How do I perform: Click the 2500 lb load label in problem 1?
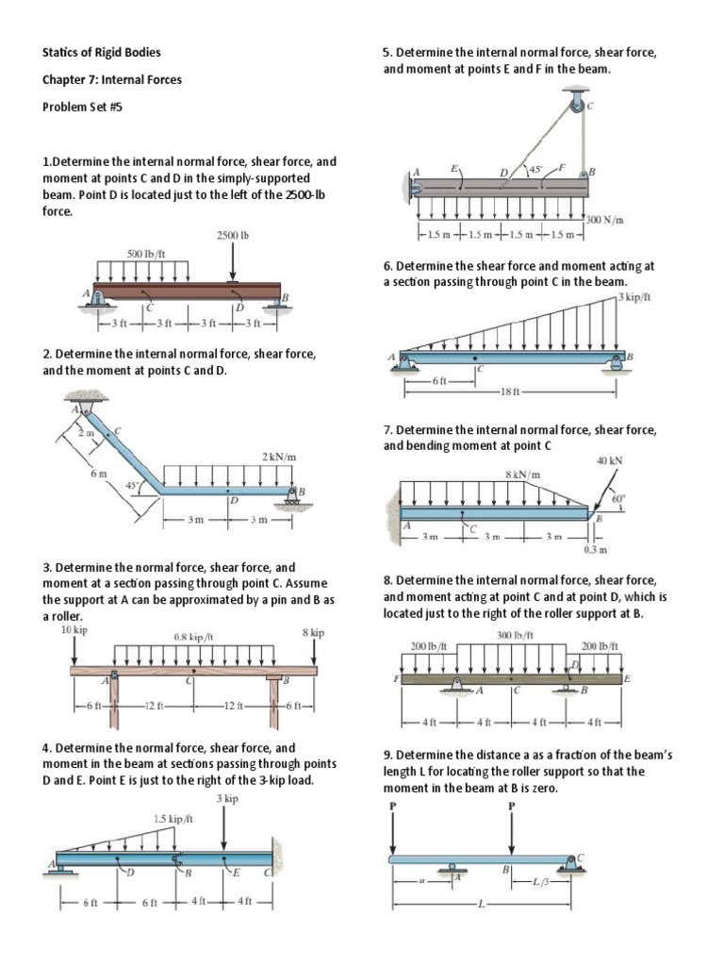click(233, 235)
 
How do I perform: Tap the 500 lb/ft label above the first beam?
click(146, 254)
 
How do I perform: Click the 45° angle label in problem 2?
click(146, 486)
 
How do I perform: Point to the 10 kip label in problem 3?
click(74, 629)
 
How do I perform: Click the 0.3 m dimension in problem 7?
click(595, 549)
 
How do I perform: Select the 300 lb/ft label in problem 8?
click(515, 635)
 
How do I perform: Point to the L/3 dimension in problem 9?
click(542, 882)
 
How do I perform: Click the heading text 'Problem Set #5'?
click(83, 107)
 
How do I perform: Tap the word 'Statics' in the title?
click(60, 53)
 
